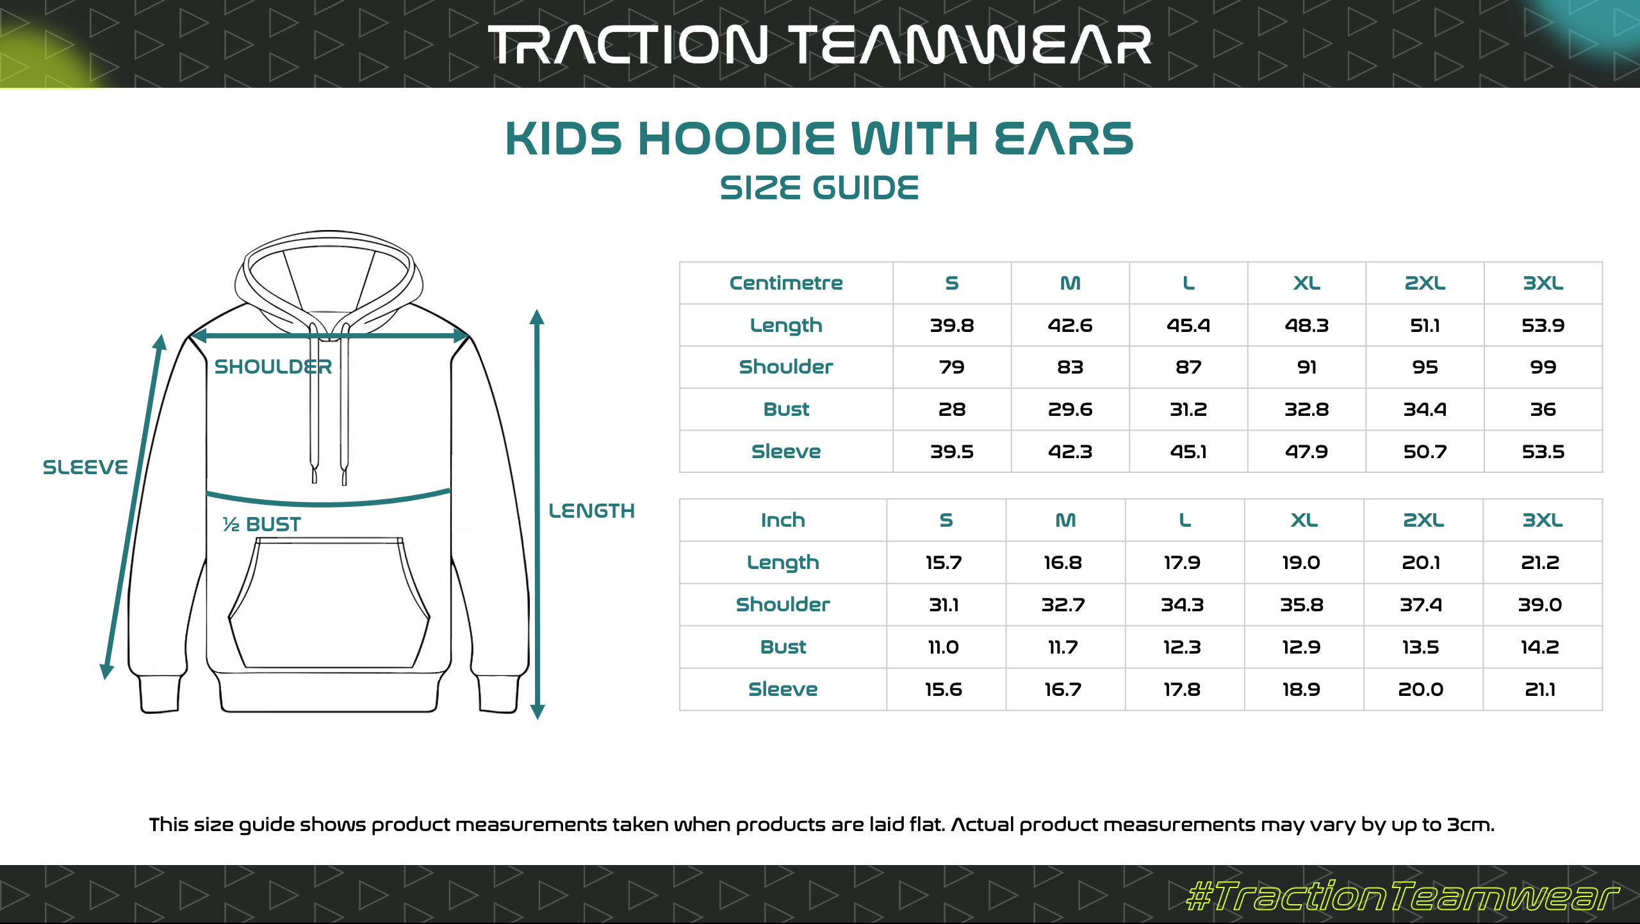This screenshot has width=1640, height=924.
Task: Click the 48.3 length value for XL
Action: click(x=1306, y=326)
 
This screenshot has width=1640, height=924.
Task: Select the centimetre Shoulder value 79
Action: click(x=951, y=367)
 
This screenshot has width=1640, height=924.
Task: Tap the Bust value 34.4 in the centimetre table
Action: click(x=1425, y=409)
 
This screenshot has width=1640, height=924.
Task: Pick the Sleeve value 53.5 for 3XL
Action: click(x=1543, y=452)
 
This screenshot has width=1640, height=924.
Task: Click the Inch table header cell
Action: click(x=783, y=520)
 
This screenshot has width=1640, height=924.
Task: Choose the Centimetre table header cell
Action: click(x=786, y=283)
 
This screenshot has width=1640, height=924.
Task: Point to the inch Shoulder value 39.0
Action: click(x=1540, y=604)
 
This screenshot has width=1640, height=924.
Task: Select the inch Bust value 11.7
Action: click(x=1063, y=647)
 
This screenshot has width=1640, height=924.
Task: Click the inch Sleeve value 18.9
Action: click(x=1301, y=689)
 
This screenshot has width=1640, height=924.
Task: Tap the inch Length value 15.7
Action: click(x=944, y=563)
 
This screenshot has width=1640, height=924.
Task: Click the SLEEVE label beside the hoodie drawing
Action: click(x=85, y=467)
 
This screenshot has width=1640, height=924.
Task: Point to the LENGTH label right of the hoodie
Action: click(x=591, y=511)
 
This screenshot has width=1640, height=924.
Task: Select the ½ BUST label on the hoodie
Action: click(x=261, y=524)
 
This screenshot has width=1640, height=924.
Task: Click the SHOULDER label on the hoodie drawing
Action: click(x=273, y=367)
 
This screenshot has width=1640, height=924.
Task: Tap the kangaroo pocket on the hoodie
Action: click(x=329, y=603)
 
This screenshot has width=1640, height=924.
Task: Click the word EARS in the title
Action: click(x=1063, y=138)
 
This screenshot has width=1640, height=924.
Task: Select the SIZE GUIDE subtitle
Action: click(x=819, y=188)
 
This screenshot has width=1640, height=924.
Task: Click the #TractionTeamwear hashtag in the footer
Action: click(x=1402, y=895)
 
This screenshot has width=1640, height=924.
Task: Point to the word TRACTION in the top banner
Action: click(x=628, y=45)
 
